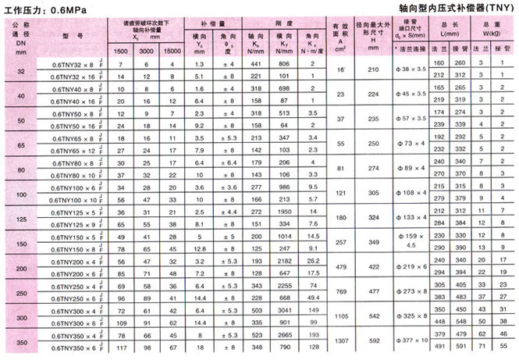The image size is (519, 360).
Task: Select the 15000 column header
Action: [169, 51]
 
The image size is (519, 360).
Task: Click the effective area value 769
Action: [339, 291]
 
